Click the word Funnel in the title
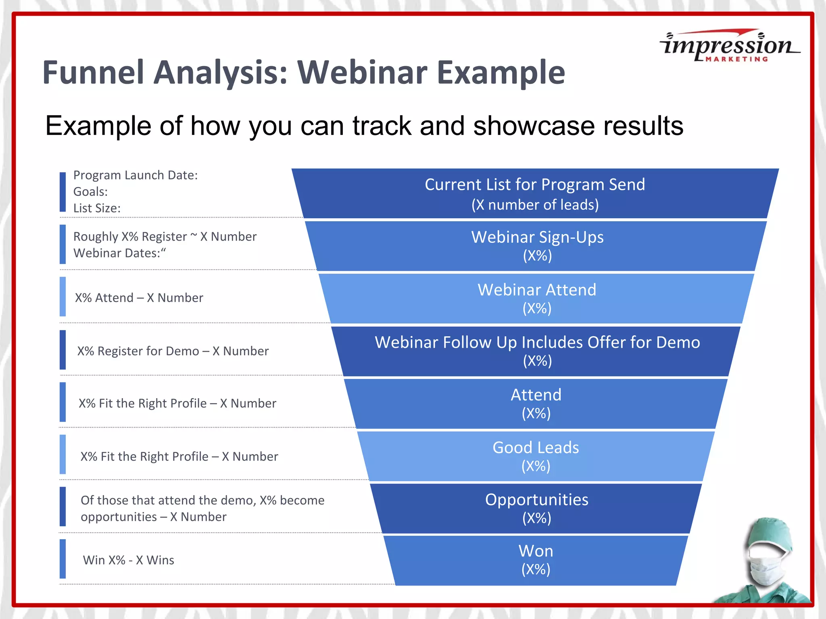coord(93,73)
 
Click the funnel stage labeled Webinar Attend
coord(537,298)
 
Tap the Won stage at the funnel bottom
coord(536,560)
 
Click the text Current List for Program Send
coord(535,185)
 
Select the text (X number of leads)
coord(535,205)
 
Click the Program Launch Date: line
coord(136,175)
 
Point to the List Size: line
coord(97,208)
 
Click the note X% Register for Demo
coord(173,351)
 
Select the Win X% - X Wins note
coord(128,560)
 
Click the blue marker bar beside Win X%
coord(63,559)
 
